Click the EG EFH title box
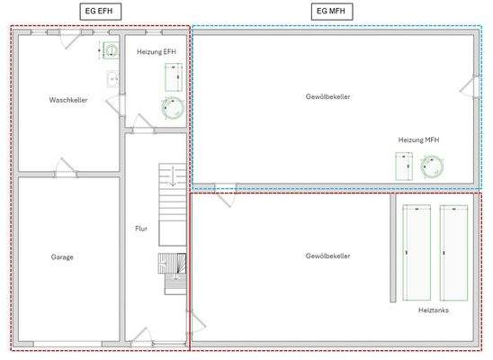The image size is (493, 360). pyautogui.click(x=100, y=12)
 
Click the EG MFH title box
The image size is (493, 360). pyautogui.click(x=332, y=12)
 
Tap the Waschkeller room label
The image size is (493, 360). pyautogui.click(x=68, y=100)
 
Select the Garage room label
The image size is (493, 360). pyautogui.click(x=62, y=257)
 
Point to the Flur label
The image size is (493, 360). pyautogui.click(x=141, y=229)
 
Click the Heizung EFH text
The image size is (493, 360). pyautogui.click(x=157, y=52)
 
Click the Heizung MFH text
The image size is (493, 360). pyautogui.click(x=418, y=139)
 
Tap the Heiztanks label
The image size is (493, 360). pyautogui.click(x=434, y=310)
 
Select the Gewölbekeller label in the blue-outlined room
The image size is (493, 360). pyautogui.click(x=328, y=96)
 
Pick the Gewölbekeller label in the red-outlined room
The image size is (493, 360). pyautogui.click(x=328, y=256)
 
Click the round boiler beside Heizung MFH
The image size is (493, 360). pyautogui.click(x=433, y=166)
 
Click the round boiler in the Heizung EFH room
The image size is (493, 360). pyautogui.click(x=173, y=108)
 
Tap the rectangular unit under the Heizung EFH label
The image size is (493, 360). pyautogui.click(x=174, y=77)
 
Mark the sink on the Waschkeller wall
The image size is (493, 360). pyautogui.click(x=112, y=79)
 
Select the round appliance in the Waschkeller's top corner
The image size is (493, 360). pyautogui.click(x=110, y=50)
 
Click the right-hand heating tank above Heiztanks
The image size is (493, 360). pyautogui.click(x=453, y=253)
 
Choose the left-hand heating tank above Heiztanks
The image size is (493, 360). pyautogui.click(x=417, y=253)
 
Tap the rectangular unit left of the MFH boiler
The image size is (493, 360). pyautogui.click(x=404, y=166)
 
